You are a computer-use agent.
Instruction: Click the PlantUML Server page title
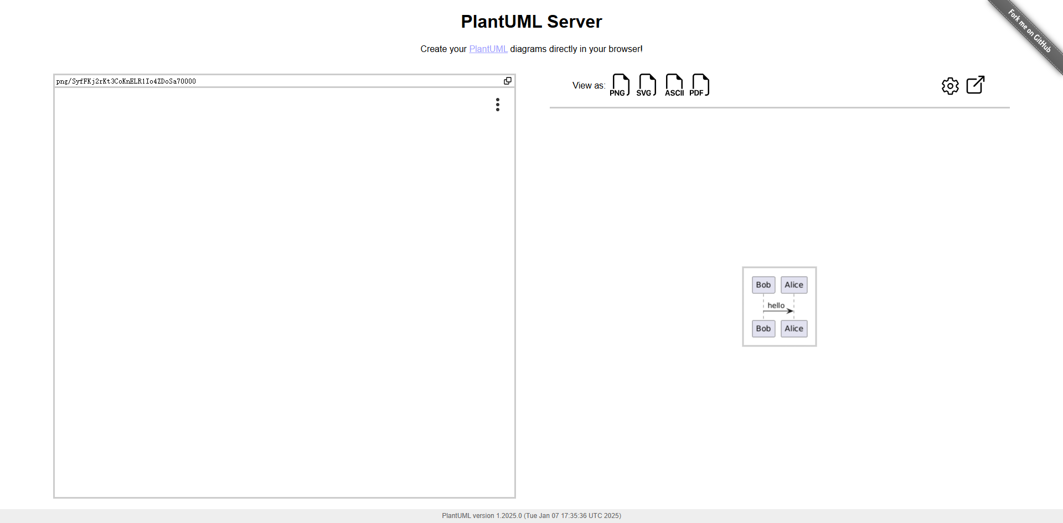click(x=531, y=22)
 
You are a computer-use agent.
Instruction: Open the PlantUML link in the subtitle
click(x=488, y=49)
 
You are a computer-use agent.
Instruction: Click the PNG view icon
click(x=620, y=85)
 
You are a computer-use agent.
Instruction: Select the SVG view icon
click(x=647, y=85)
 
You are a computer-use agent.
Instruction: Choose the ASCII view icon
click(x=674, y=85)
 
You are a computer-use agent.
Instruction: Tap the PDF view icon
click(x=700, y=85)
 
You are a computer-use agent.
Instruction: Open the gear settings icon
click(x=950, y=86)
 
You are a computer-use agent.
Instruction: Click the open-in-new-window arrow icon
click(x=976, y=85)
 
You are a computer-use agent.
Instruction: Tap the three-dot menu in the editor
click(x=498, y=105)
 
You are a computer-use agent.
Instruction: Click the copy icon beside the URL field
click(x=508, y=81)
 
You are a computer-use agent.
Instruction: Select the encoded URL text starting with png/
click(x=126, y=81)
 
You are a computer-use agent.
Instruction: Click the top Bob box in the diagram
click(x=763, y=285)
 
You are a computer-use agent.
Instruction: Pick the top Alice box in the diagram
click(x=794, y=285)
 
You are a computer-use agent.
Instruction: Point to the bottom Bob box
click(x=763, y=329)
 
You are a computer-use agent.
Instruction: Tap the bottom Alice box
click(x=794, y=329)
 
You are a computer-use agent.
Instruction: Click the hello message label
click(x=776, y=305)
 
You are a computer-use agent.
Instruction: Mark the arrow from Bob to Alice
click(x=778, y=311)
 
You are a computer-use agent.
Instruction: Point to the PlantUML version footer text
click(x=531, y=516)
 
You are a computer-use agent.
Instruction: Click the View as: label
click(x=589, y=85)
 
